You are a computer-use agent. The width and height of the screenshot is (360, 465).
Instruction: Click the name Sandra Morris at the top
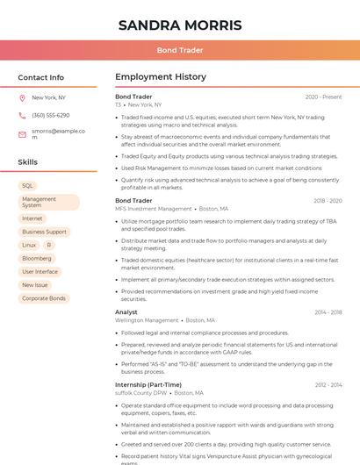tap(179, 24)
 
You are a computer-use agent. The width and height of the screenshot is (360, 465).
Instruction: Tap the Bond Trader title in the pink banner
tap(179, 50)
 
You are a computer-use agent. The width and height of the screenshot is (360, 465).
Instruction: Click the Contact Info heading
tap(41, 77)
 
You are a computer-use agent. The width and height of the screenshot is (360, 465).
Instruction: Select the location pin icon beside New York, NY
tap(22, 97)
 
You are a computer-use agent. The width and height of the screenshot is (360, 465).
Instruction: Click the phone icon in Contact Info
tap(22, 115)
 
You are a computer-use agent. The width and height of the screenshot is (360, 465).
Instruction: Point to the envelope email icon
tap(22, 133)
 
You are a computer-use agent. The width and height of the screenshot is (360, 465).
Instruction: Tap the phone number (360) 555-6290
tap(51, 115)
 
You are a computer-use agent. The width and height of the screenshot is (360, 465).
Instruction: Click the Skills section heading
tap(28, 162)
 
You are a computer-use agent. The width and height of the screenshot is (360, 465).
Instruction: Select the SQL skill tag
tap(28, 186)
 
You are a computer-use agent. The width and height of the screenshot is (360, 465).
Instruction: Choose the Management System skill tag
tap(48, 202)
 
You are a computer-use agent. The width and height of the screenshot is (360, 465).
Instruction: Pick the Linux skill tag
tap(30, 245)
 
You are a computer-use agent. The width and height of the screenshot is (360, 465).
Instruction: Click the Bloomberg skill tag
tap(37, 259)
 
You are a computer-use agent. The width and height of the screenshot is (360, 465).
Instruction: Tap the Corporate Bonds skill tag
tap(44, 298)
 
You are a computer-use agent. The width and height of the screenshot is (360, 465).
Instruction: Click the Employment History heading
tap(161, 77)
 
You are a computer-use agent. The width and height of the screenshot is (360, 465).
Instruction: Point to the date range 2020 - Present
tap(323, 97)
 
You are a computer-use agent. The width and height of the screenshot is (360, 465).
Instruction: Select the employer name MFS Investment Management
tap(154, 209)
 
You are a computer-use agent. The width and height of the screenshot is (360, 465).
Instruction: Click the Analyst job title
tap(126, 311)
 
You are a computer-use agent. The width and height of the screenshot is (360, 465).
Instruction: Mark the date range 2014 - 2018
tap(328, 311)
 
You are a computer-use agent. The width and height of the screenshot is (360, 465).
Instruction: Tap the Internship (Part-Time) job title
tap(148, 384)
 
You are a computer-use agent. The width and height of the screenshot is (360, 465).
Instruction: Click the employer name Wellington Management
tap(147, 320)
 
